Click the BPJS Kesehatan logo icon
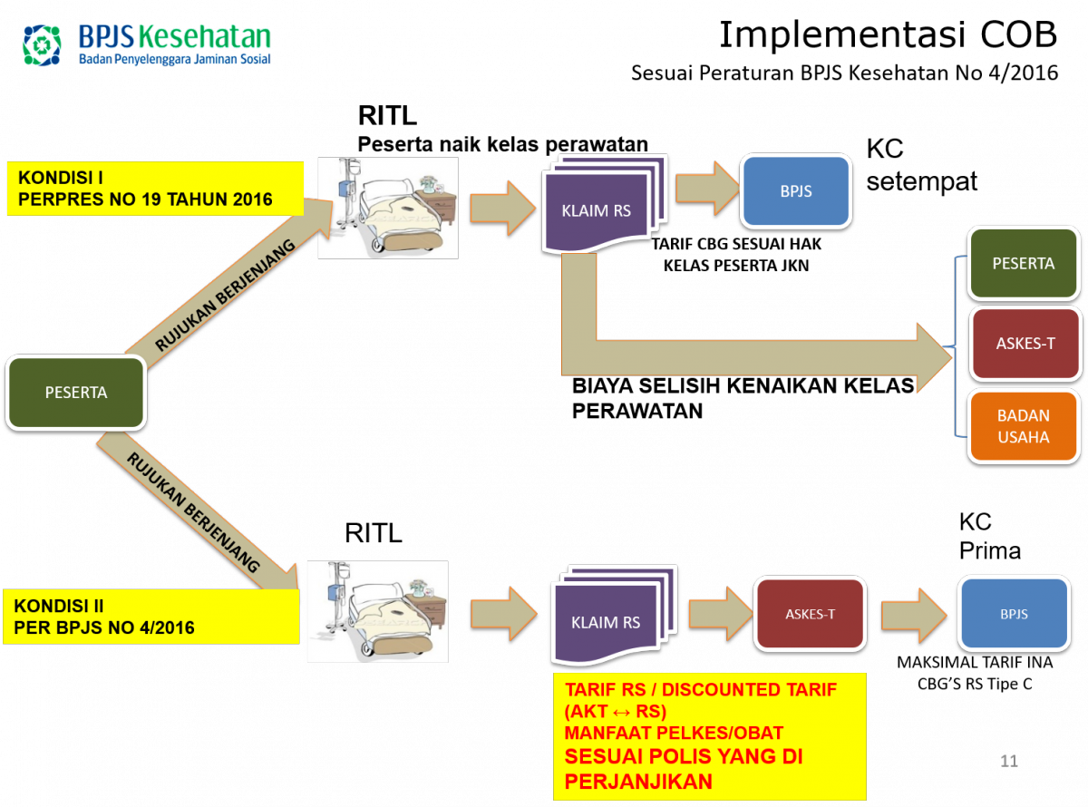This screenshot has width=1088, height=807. (42, 44)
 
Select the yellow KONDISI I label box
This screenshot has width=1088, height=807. (155, 189)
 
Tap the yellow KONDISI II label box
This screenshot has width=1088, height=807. (151, 617)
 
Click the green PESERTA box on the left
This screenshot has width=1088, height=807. (76, 393)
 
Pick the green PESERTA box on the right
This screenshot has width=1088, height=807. (1024, 264)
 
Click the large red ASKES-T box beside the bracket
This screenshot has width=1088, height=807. (1025, 345)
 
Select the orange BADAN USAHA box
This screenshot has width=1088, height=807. (1024, 426)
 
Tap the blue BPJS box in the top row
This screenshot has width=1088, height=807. (796, 192)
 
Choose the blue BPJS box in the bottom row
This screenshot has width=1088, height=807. (1014, 614)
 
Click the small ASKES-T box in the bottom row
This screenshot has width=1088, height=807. (811, 614)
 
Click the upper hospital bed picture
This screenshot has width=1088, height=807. (388, 208)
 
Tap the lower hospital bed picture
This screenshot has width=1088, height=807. (377, 612)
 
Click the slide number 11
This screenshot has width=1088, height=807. (1009, 761)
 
